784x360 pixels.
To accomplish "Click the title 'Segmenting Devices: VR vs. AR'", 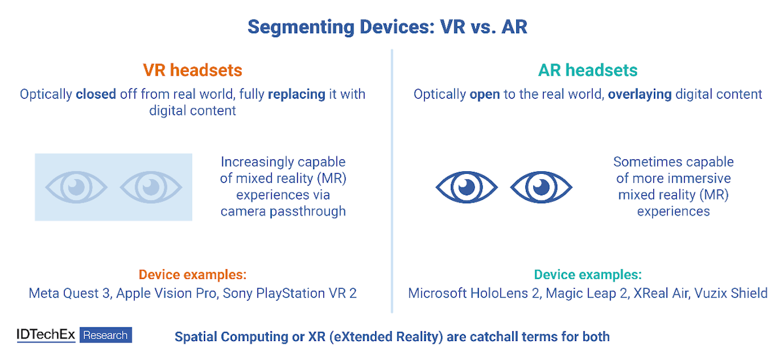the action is [x=387, y=27].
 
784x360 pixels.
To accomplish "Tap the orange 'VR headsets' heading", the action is [x=193, y=70].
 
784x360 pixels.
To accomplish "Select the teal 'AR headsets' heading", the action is [x=587, y=70].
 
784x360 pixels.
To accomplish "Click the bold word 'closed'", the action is [x=96, y=94].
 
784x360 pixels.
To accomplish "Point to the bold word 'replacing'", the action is [x=297, y=95].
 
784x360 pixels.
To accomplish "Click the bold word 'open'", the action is [x=484, y=95].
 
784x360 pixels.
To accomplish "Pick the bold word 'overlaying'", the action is [x=640, y=95].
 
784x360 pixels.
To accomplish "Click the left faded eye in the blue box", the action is [x=76, y=187].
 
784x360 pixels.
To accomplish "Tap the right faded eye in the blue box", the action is [x=151, y=187].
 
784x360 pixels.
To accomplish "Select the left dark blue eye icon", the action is [x=466, y=187].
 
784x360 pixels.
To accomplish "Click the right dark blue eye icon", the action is [x=541, y=187].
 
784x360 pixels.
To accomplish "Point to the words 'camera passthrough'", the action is [x=283, y=211].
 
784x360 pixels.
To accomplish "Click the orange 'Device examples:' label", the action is [x=193, y=274].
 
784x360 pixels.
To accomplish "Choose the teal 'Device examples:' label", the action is [x=587, y=274].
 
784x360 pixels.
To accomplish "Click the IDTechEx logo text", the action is [x=46, y=335].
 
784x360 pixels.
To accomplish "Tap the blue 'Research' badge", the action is [x=106, y=335].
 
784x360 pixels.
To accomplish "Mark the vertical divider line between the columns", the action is [x=391, y=181].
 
